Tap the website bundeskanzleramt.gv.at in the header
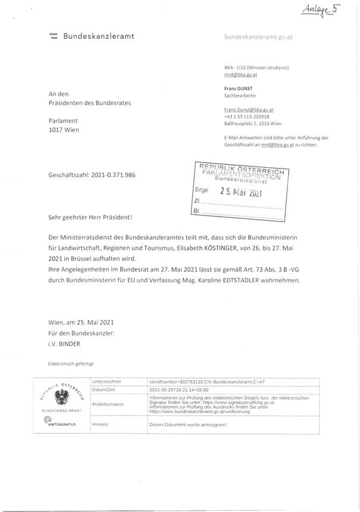pyautogui.click(x=259, y=37)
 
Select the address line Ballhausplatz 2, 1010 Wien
pyautogui.click(x=258, y=124)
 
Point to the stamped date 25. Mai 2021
pyautogui.click(x=241, y=192)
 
